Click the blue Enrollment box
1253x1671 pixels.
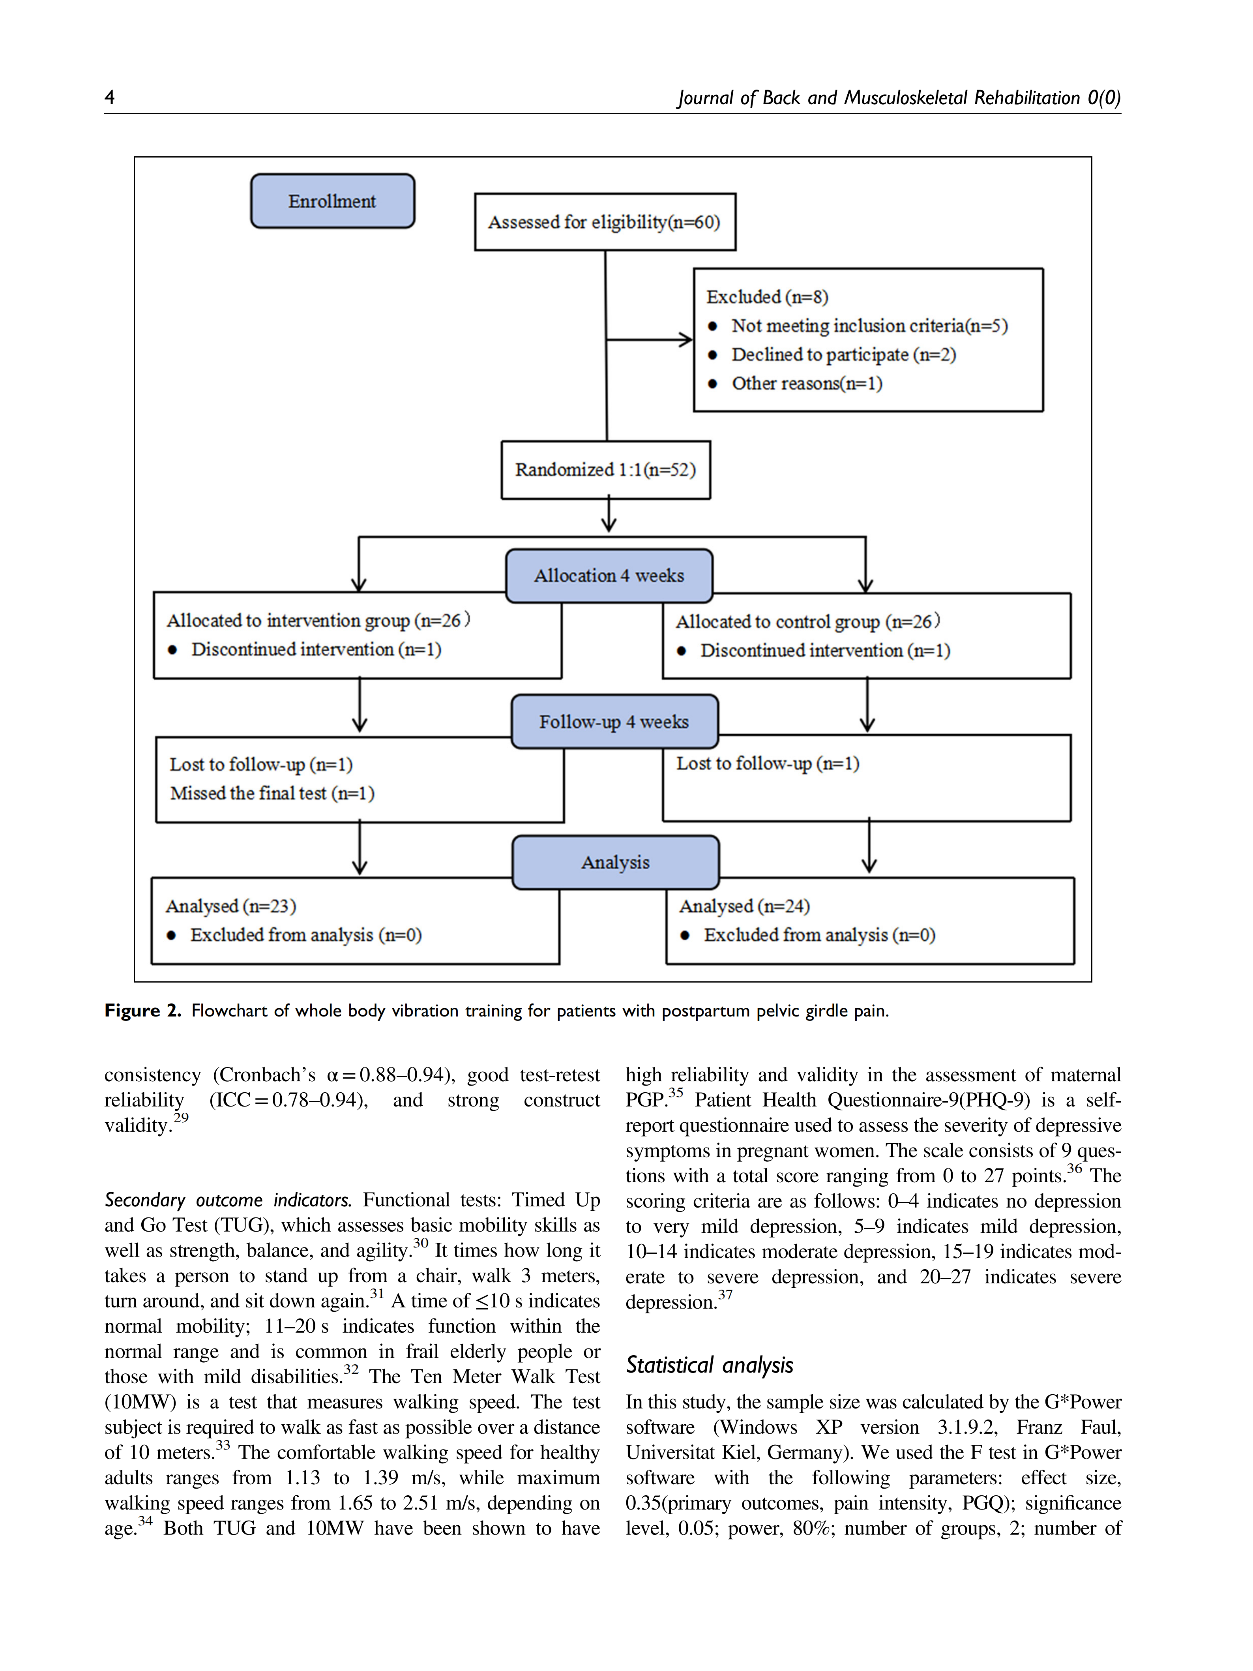pos(332,201)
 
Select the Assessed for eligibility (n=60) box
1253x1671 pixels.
pos(604,222)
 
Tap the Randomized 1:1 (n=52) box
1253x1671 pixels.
pos(605,470)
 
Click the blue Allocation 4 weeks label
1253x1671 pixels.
pos(609,576)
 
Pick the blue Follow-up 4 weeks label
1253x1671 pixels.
pos(614,722)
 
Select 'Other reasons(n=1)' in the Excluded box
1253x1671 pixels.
pos(807,384)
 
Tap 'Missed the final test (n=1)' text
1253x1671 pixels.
pos(272,793)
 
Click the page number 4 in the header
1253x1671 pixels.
pos(110,98)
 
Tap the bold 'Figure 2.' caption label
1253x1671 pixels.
pos(143,1011)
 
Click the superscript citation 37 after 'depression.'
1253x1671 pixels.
pos(725,1295)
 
